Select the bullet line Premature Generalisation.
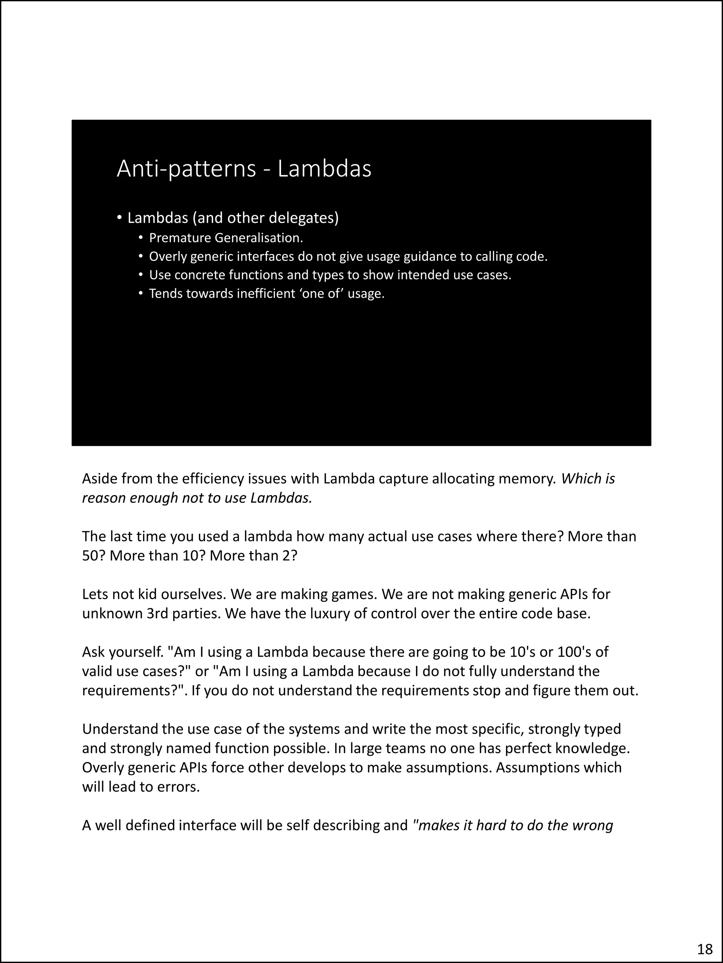pos(226,238)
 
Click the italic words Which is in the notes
pos(588,479)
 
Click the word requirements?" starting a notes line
pos(134,691)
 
